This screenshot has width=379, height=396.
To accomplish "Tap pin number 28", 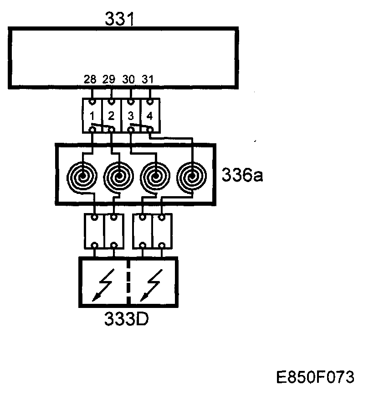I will coord(90,79).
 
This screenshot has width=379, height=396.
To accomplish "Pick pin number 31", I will coord(148,79).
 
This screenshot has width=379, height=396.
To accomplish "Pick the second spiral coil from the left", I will coord(119,176).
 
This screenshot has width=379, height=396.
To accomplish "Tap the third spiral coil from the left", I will coord(155,176).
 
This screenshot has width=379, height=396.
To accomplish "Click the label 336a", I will coord(242,175).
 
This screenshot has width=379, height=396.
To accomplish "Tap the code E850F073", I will coord(315,377).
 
